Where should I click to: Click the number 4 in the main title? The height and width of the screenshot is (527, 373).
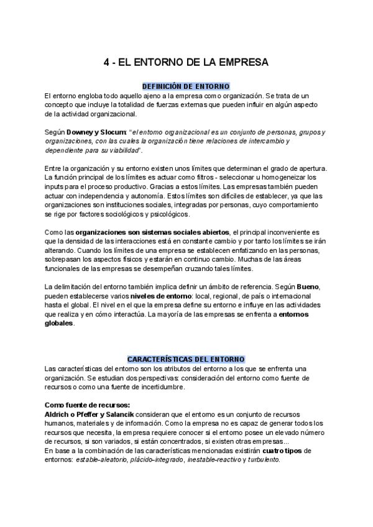(x=106, y=63)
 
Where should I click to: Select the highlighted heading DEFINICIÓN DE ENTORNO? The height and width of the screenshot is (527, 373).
(x=186, y=86)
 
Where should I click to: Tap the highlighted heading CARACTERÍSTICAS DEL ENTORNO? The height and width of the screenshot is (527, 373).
(x=186, y=359)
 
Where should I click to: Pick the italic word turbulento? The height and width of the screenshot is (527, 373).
(x=263, y=460)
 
